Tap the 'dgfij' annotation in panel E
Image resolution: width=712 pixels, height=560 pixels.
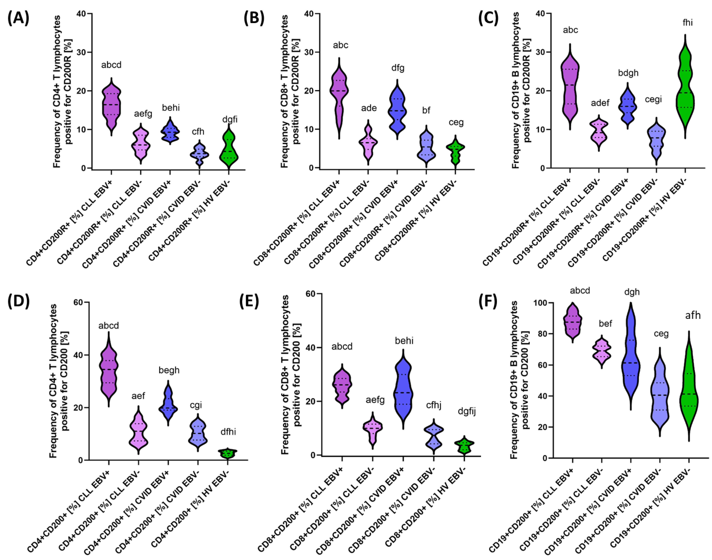(x=466, y=411)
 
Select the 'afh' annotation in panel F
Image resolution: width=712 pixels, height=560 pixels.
(x=693, y=315)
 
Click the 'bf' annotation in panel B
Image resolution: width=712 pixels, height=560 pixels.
(x=426, y=111)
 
